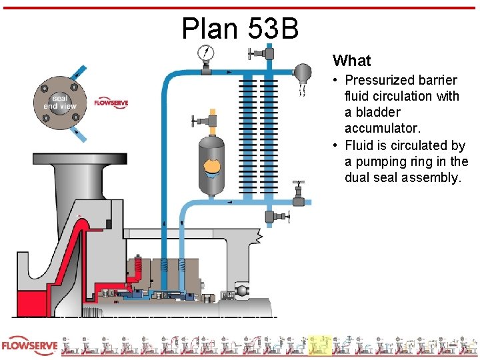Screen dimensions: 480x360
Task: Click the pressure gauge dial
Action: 205,52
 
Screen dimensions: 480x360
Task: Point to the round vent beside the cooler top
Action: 303,71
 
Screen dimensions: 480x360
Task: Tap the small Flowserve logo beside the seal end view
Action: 111,103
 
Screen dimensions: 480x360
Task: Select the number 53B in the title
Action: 273,28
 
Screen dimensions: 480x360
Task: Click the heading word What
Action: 351,61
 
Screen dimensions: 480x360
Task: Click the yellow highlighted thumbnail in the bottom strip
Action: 319,346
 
